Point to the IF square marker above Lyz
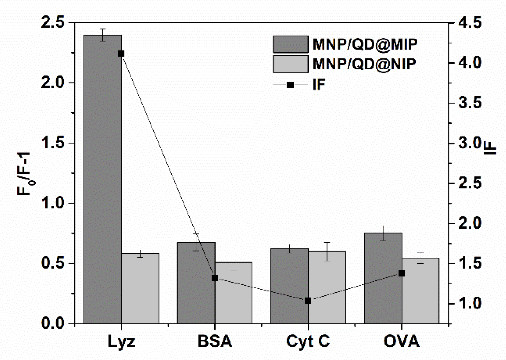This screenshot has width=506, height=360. [x=121, y=54]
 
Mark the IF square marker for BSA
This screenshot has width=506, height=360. [x=215, y=278]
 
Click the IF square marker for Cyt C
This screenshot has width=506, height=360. [x=308, y=301]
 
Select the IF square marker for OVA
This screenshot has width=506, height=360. [x=402, y=273]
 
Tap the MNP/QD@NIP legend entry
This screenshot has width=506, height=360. [x=345, y=64]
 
